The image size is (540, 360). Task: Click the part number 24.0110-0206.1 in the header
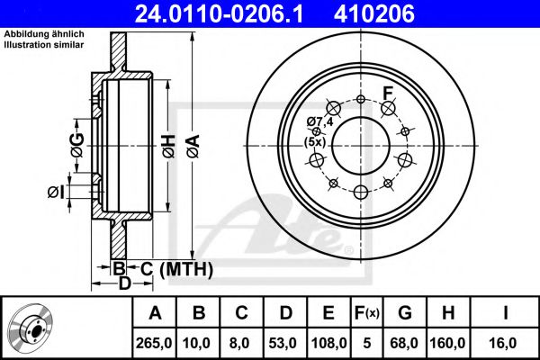coord(219,13)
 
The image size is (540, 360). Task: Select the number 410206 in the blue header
coord(374,13)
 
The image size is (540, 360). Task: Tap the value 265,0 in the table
coord(154,343)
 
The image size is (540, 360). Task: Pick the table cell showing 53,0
coord(283,343)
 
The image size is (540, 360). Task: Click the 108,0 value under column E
coord(328,343)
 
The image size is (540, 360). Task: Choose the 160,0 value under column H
coord(447,343)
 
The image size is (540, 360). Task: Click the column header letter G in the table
coord(405,313)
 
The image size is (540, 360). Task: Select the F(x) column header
coord(367,313)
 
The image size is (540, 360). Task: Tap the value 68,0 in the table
coord(404,343)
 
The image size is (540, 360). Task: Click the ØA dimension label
coord(193,147)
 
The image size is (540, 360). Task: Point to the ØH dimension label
coord(169,147)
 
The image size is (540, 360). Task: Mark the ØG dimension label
coord(77,145)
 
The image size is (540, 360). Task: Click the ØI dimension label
coord(56,193)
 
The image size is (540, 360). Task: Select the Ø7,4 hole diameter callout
coord(319,121)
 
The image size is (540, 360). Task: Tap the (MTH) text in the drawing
coord(186,269)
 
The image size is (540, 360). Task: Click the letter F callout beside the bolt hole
coord(388,93)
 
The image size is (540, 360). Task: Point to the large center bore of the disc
coord(361,146)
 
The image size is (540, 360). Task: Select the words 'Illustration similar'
coord(44,45)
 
